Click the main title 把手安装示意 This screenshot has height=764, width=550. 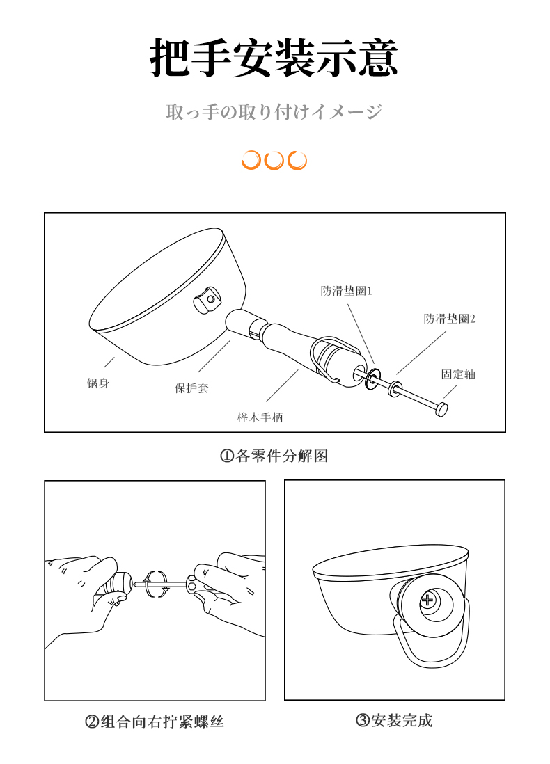[x=274, y=58]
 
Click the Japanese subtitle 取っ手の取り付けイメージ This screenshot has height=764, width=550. [x=274, y=111]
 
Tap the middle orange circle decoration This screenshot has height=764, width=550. [x=274, y=160]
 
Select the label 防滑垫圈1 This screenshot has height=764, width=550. [x=346, y=291]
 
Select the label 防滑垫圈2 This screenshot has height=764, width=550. [x=449, y=319]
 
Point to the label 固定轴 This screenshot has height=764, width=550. [x=458, y=374]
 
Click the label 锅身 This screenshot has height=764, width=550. [x=98, y=383]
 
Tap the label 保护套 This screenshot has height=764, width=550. [x=191, y=388]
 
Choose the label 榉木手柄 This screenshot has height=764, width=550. [x=260, y=417]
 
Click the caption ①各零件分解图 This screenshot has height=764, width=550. [x=274, y=456]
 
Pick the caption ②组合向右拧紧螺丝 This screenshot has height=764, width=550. [x=155, y=721]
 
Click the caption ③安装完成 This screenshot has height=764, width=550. [x=394, y=720]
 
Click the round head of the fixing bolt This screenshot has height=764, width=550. [x=441, y=409]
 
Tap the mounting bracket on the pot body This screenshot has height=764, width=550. [x=207, y=300]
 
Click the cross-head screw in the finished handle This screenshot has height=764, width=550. [x=427, y=600]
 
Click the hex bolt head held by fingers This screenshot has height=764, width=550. [x=191, y=583]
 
